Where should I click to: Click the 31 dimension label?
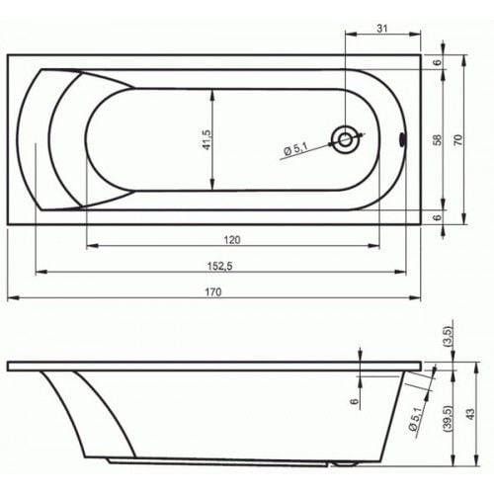(x=381, y=29)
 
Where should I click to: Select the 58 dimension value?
(x=438, y=139)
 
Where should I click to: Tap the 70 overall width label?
(x=458, y=139)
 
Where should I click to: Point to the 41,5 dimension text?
(x=206, y=139)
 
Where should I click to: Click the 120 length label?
(x=232, y=240)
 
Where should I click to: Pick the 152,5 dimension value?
(x=219, y=266)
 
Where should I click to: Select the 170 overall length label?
(x=213, y=291)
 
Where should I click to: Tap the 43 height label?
(x=471, y=414)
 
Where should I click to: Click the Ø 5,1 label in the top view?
(x=295, y=149)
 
